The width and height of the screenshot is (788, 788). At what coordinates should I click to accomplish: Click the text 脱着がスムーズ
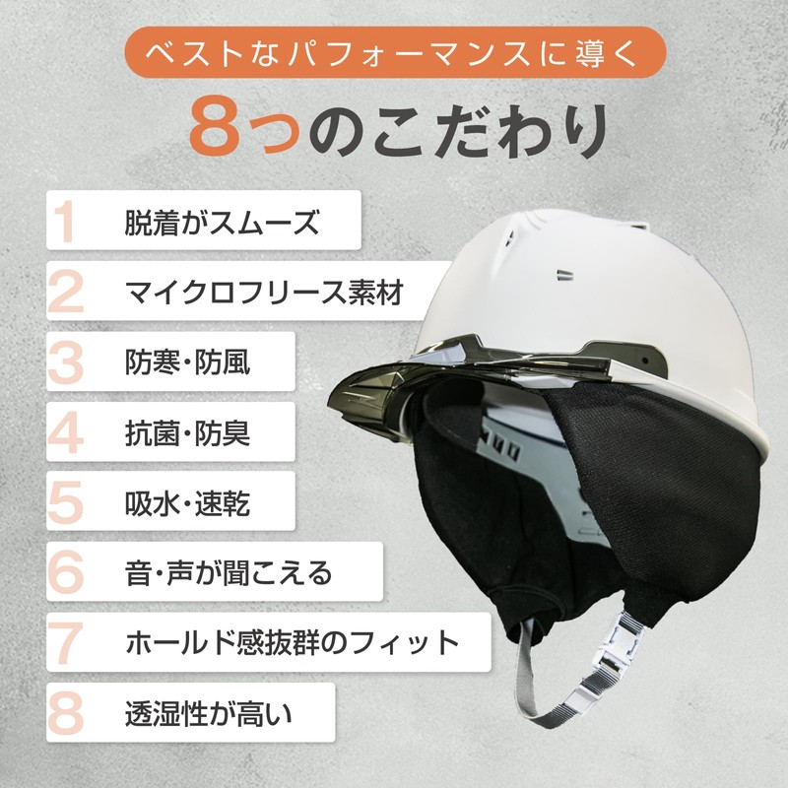point(222,223)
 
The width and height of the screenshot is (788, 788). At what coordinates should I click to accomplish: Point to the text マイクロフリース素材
point(264,293)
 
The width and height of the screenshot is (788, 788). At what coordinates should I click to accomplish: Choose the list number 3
point(67,362)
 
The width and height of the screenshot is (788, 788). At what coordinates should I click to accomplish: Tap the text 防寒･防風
point(188,362)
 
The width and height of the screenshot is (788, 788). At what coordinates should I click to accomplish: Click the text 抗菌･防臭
point(188,432)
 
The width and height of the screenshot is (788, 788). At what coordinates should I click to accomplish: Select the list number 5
point(67,502)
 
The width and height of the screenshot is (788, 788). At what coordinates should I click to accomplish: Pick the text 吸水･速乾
point(188,502)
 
